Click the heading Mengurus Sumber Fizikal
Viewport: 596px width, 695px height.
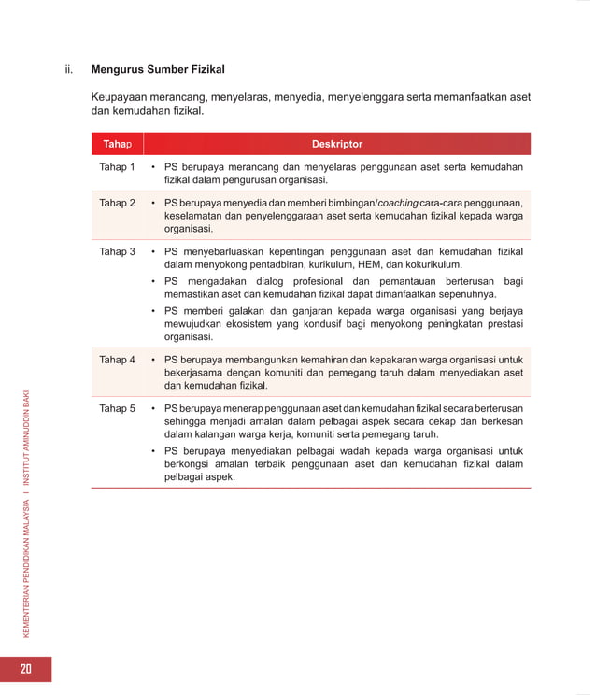click(x=158, y=69)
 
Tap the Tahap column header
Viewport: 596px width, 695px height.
click(x=117, y=144)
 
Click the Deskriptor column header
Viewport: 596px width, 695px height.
click(x=336, y=144)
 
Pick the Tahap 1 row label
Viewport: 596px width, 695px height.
click(x=118, y=167)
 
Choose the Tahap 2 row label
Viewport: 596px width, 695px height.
click(x=118, y=203)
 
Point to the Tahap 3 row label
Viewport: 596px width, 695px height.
click(x=118, y=251)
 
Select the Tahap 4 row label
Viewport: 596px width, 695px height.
click(x=118, y=359)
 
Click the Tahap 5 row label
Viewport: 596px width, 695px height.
click(x=118, y=408)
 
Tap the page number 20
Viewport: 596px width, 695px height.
click(x=25, y=669)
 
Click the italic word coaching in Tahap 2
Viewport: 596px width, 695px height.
click(x=397, y=203)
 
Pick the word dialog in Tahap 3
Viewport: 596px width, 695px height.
click(x=276, y=281)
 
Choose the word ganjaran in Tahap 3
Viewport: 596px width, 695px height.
click(x=286, y=310)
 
